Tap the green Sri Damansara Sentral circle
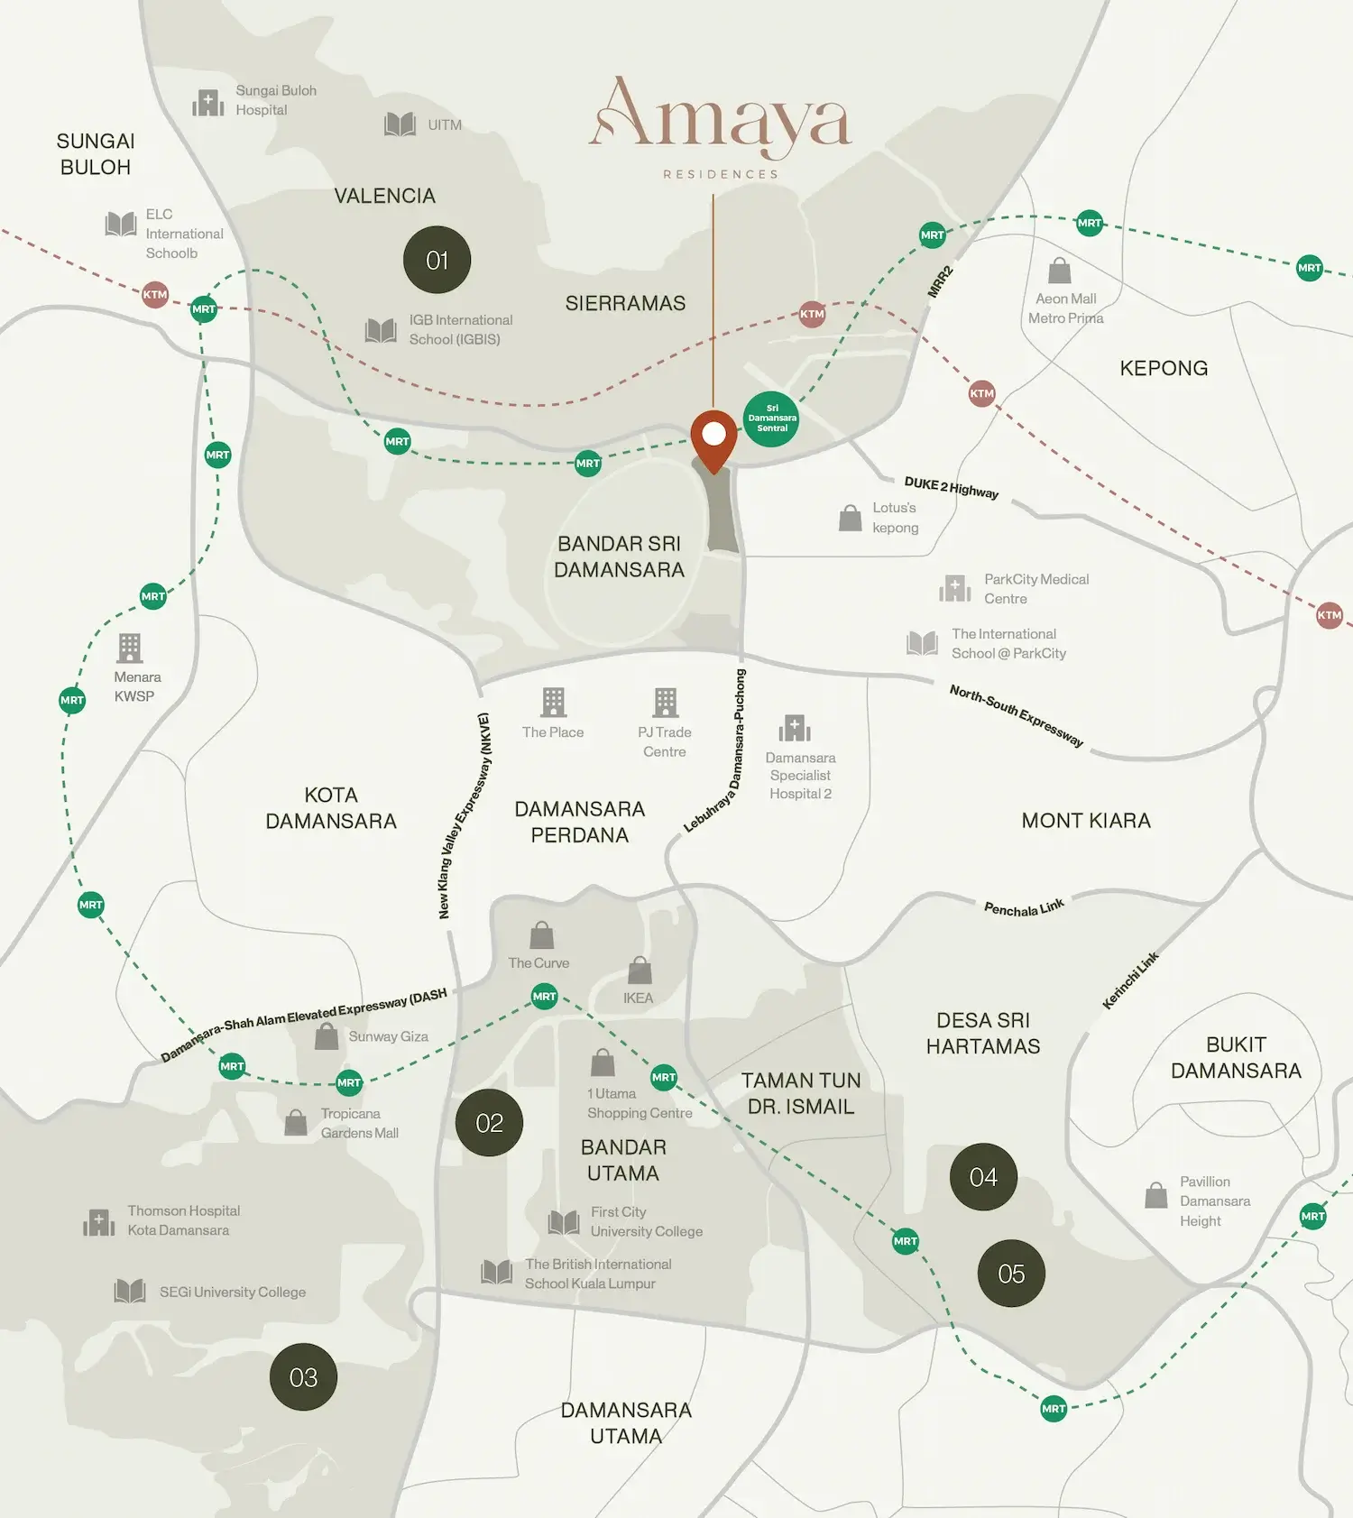point(771,419)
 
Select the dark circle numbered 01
point(437,260)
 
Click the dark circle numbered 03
point(303,1377)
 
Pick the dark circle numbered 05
point(1011,1274)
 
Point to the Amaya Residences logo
point(721,124)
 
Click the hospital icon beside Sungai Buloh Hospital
point(207,103)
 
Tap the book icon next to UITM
point(400,124)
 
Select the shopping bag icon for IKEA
point(640,971)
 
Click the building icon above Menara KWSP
point(130,648)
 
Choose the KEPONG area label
point(1163,368)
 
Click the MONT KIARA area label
point(1085,821)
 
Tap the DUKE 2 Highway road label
point(951,487)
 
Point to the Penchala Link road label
point(1024,907)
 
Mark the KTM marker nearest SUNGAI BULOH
point(155,294)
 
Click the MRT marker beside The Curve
point(544,997)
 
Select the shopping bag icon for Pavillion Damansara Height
point(1155,1196)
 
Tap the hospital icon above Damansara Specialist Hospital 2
point(795,728)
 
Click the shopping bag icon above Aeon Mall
point(1060,271)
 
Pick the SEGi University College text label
point(233,1293)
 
